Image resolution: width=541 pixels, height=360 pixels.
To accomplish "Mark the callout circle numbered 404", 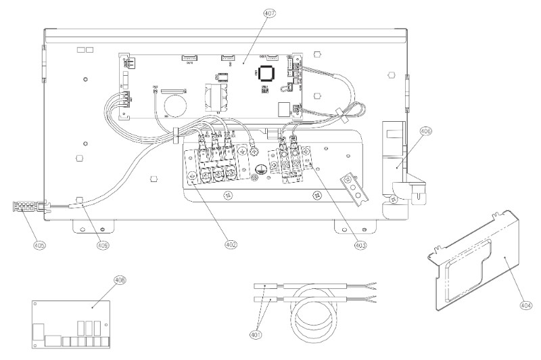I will (x=525, y=305).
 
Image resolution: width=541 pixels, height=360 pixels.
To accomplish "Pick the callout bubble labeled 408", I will (x=120, y=279).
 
